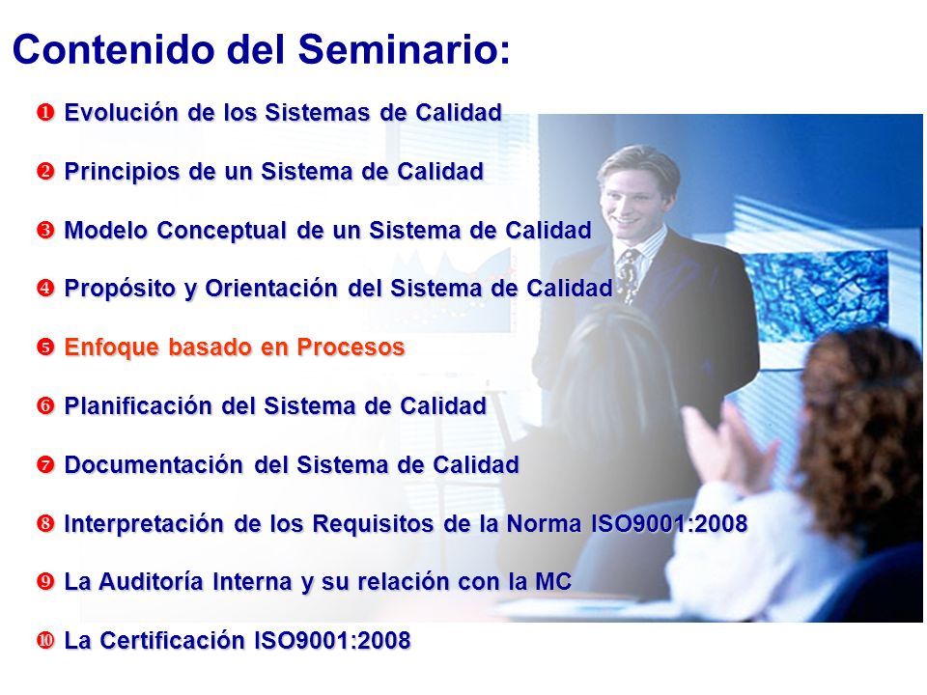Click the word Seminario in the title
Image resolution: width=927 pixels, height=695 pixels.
coord(404,49)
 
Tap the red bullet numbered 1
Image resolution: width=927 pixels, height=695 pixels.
coord(45,112)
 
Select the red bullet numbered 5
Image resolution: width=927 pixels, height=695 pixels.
coord(45,347)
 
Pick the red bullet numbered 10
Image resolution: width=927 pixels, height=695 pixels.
coord(45,640)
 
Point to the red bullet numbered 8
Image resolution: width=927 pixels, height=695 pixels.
coord(45,523)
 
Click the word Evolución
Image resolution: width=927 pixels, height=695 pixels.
coord(122,112)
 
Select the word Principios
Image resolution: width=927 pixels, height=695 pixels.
coord(122,172)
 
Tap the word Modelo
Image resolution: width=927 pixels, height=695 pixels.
coord(105,230)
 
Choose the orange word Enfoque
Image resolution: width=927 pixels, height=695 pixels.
coord(112,347)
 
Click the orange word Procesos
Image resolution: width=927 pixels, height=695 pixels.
coord(351,347)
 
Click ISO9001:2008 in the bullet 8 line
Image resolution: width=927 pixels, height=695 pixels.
coord(669,523)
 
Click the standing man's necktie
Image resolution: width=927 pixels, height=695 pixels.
coord(628,273)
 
